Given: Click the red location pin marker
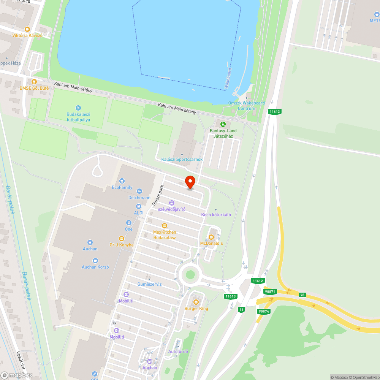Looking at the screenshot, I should (x=190, y=182).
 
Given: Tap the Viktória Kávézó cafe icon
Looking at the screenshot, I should (x=27, y=29).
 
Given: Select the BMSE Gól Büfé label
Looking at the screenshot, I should (x=34, y=88).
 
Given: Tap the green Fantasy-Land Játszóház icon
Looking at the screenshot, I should (x=223, y=124).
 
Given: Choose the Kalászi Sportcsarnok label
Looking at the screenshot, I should (x=182, y=159).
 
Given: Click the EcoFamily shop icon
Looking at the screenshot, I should (x=122, y=181).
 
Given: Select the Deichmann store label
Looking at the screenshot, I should (x=139, y=198).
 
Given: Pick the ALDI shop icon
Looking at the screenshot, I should (x=139, y=206).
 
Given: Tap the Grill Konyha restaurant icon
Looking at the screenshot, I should (x=122, y=238).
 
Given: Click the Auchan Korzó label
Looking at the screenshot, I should (x=95, y=267).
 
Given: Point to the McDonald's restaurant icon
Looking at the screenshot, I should (x=211, y=237).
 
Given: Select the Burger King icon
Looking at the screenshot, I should (x=196, y=302).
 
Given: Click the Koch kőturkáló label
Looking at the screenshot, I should (x=216, y=215).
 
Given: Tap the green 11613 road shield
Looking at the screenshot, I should (x=231, y=296).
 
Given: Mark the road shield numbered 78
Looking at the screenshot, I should (x=302, y=295).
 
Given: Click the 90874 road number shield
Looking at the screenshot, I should (x=263, y=312).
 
